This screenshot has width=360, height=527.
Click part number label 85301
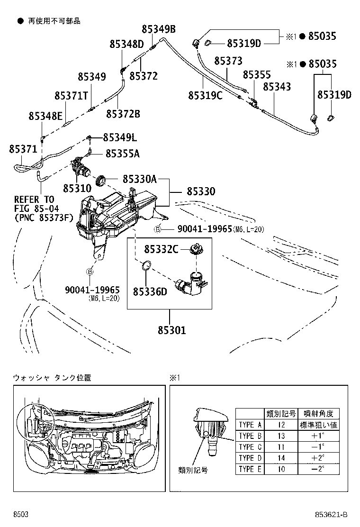169,330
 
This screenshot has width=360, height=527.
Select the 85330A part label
139,179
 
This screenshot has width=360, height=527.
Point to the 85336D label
150,291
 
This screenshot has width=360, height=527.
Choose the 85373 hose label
228,61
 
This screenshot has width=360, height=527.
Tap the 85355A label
122,154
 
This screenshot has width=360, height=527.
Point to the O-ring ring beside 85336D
147,266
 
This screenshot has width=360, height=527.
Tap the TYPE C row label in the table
250,447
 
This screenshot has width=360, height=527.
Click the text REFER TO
34,199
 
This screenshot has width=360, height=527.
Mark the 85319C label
205,95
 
